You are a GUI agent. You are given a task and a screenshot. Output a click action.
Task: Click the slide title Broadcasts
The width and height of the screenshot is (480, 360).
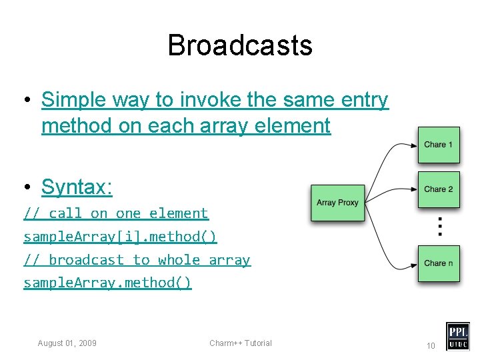click(240, 45)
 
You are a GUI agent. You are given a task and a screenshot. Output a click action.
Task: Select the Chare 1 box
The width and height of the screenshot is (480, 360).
click(439, 145)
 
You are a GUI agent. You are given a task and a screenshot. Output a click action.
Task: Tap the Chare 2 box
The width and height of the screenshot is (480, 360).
click(439, 189)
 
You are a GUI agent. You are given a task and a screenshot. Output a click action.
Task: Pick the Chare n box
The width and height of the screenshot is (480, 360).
click(439, 263)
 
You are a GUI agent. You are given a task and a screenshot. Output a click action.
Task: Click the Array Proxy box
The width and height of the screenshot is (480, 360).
click(338, 203)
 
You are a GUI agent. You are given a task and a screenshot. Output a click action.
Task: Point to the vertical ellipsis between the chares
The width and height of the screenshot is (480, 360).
click(439, 227)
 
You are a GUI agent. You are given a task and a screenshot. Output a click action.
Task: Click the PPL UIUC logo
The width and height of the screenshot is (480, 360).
click(457, 336)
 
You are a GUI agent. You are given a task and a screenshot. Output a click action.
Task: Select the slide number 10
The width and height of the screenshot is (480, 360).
click(431, 345)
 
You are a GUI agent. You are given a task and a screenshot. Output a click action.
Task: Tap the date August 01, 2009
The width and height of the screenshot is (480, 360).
click(67, 343)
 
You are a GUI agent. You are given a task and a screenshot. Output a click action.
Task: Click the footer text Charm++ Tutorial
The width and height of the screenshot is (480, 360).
click(241, 343)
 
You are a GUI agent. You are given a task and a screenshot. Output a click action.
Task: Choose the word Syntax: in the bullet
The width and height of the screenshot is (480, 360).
click(77, 187)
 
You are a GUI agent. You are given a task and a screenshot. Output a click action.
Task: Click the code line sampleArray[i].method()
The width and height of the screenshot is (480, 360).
click(120, 237)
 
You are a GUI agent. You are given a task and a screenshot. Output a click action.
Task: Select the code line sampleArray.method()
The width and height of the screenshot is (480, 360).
click(107, 283)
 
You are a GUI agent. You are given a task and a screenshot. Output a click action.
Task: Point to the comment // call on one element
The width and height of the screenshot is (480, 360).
click(116, 213)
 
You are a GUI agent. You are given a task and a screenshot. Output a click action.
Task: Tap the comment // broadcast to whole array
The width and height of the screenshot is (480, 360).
click(137, 260)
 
